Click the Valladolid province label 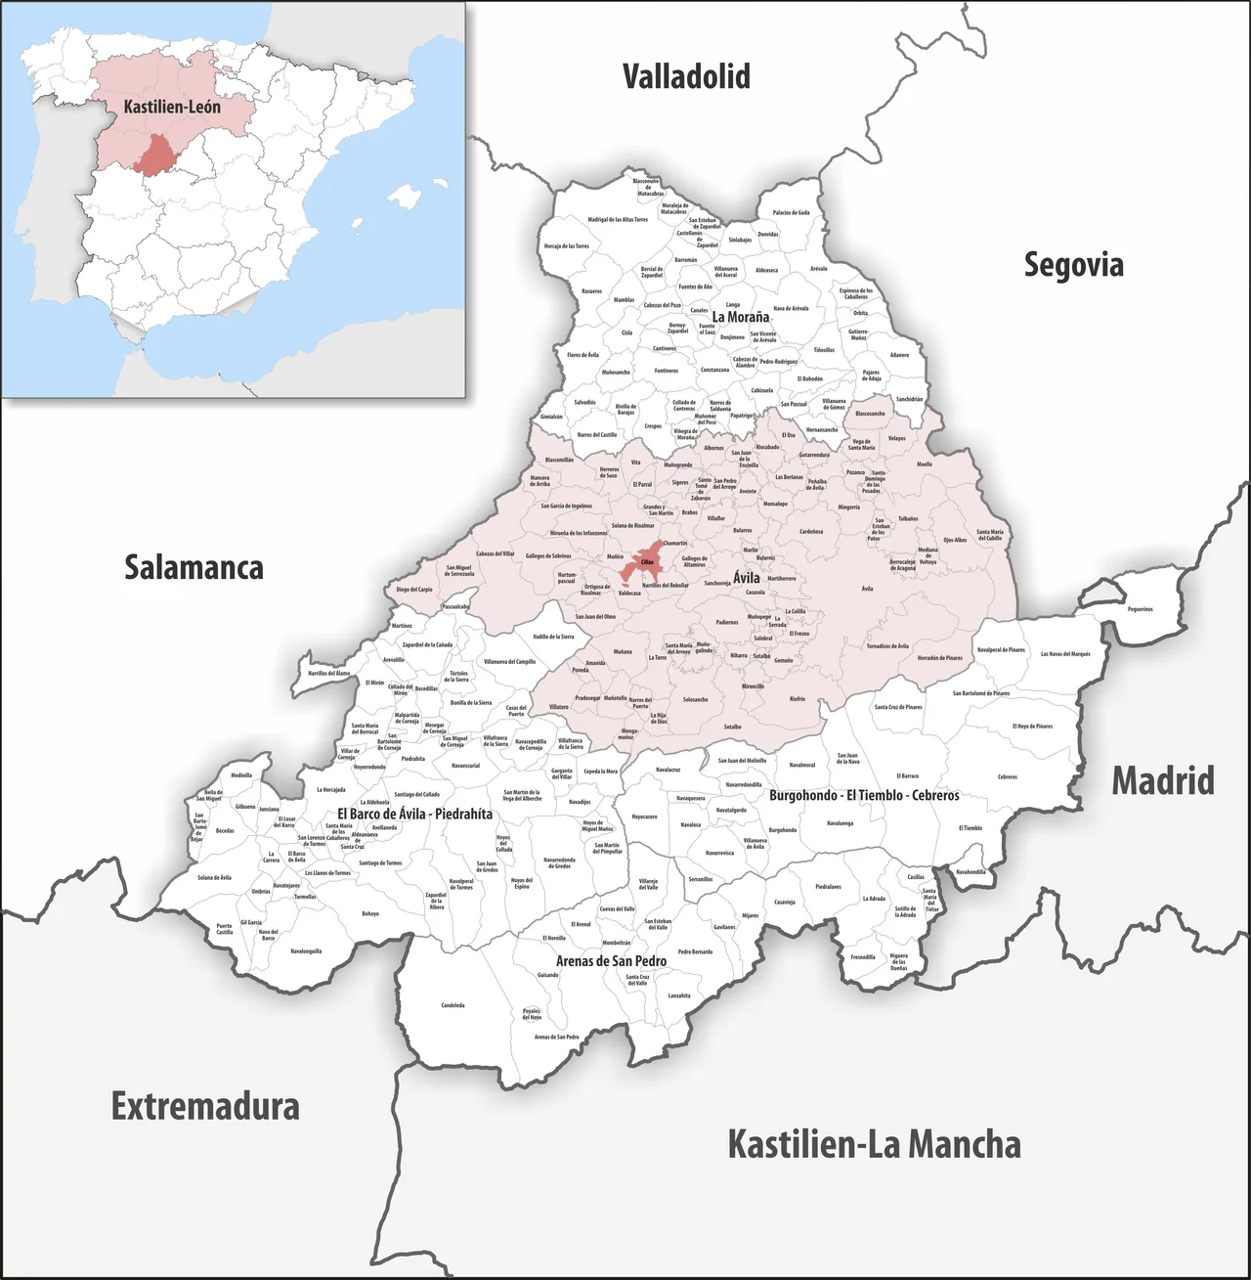(686, 76)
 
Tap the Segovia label (1073, 265)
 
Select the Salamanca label (194, 567)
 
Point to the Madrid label (1162, 781)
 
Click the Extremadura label (204, 1106)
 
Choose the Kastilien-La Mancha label (874, 1144)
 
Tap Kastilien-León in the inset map (172, 106)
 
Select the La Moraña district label (740, 317)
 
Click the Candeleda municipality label (453, 1005)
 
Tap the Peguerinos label (1140, 609)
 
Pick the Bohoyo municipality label (370, 914)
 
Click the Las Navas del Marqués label (1064, 654)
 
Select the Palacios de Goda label (791, 212)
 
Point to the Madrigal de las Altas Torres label (618, 220)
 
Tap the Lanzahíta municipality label (679, 995)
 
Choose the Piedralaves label (828, 887)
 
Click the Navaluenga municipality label (840, 823)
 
